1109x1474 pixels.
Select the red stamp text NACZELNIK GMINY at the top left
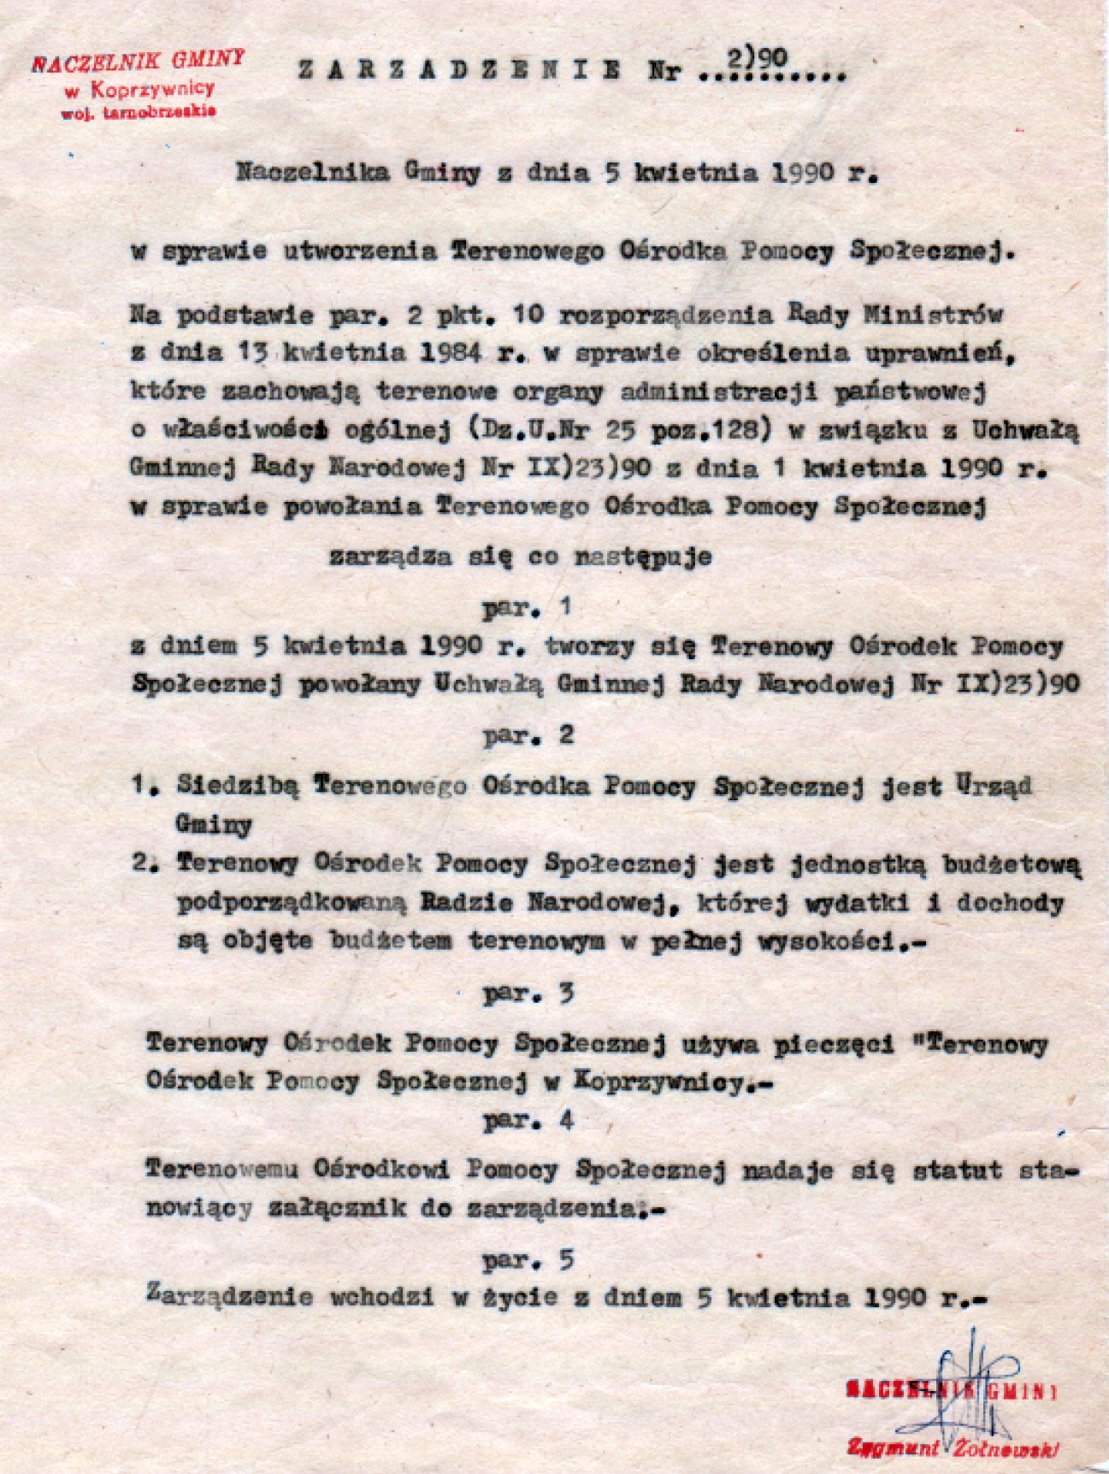[x=139, y=62]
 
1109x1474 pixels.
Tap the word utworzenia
[x=359, y=251]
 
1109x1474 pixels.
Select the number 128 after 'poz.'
[x=740, y=430]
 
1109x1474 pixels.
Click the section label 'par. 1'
[x=527, y=609]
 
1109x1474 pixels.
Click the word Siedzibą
[x=238, y=786]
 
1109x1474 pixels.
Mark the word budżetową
[x=1012, y=864]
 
